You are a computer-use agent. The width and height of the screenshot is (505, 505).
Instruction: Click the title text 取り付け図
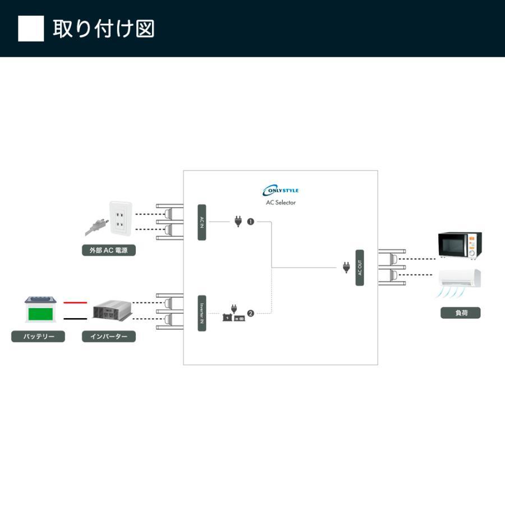tap(104, 29)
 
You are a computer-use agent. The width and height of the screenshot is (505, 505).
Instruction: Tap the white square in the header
tap(31, 29)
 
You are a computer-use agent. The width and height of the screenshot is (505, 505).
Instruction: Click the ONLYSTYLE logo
tap(281, 190)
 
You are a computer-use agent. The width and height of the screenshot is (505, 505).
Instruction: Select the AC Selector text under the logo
tap(281, 203)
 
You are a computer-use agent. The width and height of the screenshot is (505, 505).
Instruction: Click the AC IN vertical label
tap(202, 222)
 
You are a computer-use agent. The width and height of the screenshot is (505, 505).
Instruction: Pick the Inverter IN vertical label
tap(202, 313)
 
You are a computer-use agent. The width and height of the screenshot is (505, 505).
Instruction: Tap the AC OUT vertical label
tap(360, 268)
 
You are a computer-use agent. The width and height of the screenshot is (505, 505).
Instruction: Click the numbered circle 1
tap(250, 222)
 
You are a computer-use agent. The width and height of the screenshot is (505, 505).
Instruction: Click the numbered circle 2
tap(250, 313)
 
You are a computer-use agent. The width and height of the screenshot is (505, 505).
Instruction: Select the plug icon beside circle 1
tap(238, 221)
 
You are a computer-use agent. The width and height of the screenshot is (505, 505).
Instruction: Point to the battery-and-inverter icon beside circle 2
tap(234, 314)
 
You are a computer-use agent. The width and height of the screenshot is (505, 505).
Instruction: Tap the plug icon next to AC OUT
tap(346, 267)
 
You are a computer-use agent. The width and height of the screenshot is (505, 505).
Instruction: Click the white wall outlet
tap(120, 218)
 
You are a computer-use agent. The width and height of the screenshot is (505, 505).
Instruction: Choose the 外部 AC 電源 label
tap(109, 250)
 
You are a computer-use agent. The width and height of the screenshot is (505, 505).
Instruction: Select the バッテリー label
tap(38, 337)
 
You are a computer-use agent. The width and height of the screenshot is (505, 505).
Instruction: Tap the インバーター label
tap(109, 337)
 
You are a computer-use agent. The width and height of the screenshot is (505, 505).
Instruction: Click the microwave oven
tap(460, 245)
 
